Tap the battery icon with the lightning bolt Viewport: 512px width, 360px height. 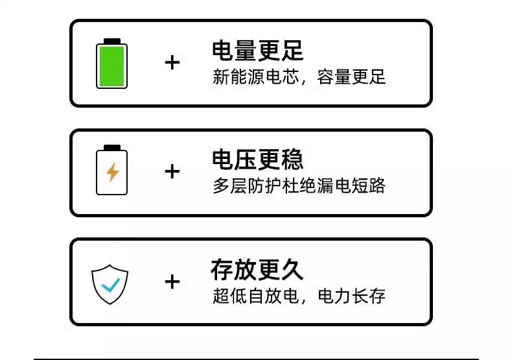112,171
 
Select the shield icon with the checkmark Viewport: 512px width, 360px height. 110,283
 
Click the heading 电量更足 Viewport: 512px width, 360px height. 257,51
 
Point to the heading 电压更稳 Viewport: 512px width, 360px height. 257,160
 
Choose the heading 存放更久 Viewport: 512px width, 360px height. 257,269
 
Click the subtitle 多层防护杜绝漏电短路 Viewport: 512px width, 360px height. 299,186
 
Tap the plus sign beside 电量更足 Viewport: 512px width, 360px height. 172,63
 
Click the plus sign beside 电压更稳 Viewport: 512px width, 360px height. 172,172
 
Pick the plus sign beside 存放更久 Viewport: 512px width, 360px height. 172,282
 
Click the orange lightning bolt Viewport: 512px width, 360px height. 113,172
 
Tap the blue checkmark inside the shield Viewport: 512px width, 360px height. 110,284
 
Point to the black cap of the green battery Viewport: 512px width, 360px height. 112,41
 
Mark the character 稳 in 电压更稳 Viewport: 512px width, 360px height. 292,160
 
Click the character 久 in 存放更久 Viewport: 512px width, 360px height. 292,269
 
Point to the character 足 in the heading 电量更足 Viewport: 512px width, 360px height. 292,51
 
